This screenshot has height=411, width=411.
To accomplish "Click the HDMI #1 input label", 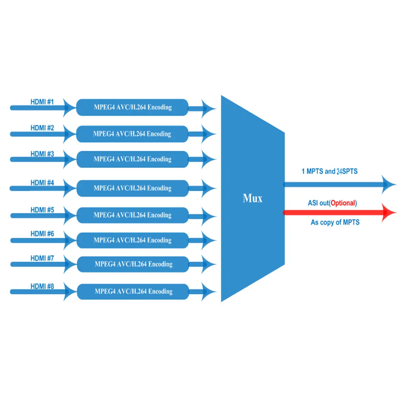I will (42, 102).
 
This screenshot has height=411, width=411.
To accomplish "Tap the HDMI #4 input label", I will (42, 183).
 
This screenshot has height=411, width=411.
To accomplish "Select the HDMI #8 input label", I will (42, 286).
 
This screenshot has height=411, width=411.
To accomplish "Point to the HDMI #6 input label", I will (42, 234).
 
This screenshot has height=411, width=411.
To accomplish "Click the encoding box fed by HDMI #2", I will (132, 134).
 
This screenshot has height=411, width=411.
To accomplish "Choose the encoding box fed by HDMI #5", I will (133, 215).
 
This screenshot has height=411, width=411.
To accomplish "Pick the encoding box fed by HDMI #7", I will (133, 264).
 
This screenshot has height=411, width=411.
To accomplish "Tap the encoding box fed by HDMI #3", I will (133, 159).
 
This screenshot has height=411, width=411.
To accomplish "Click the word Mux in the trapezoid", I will (252, 198).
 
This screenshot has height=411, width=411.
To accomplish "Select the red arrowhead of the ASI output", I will (388, 212).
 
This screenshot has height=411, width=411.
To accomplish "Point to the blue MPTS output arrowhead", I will (388, 185).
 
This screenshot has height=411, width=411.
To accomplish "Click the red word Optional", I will (343, 203).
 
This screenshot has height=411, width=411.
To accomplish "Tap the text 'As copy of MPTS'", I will (335, 222).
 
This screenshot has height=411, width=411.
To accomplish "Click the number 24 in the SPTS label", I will (339, 171).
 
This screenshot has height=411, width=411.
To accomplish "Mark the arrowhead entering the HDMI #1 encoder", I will (70, 108).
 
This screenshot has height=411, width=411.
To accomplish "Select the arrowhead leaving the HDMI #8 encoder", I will (208, 292).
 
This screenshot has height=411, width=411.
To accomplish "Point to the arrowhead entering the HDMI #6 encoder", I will (70, 240).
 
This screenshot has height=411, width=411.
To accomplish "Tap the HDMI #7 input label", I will (42, 258).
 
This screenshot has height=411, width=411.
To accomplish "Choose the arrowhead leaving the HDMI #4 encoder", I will (208, 188).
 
